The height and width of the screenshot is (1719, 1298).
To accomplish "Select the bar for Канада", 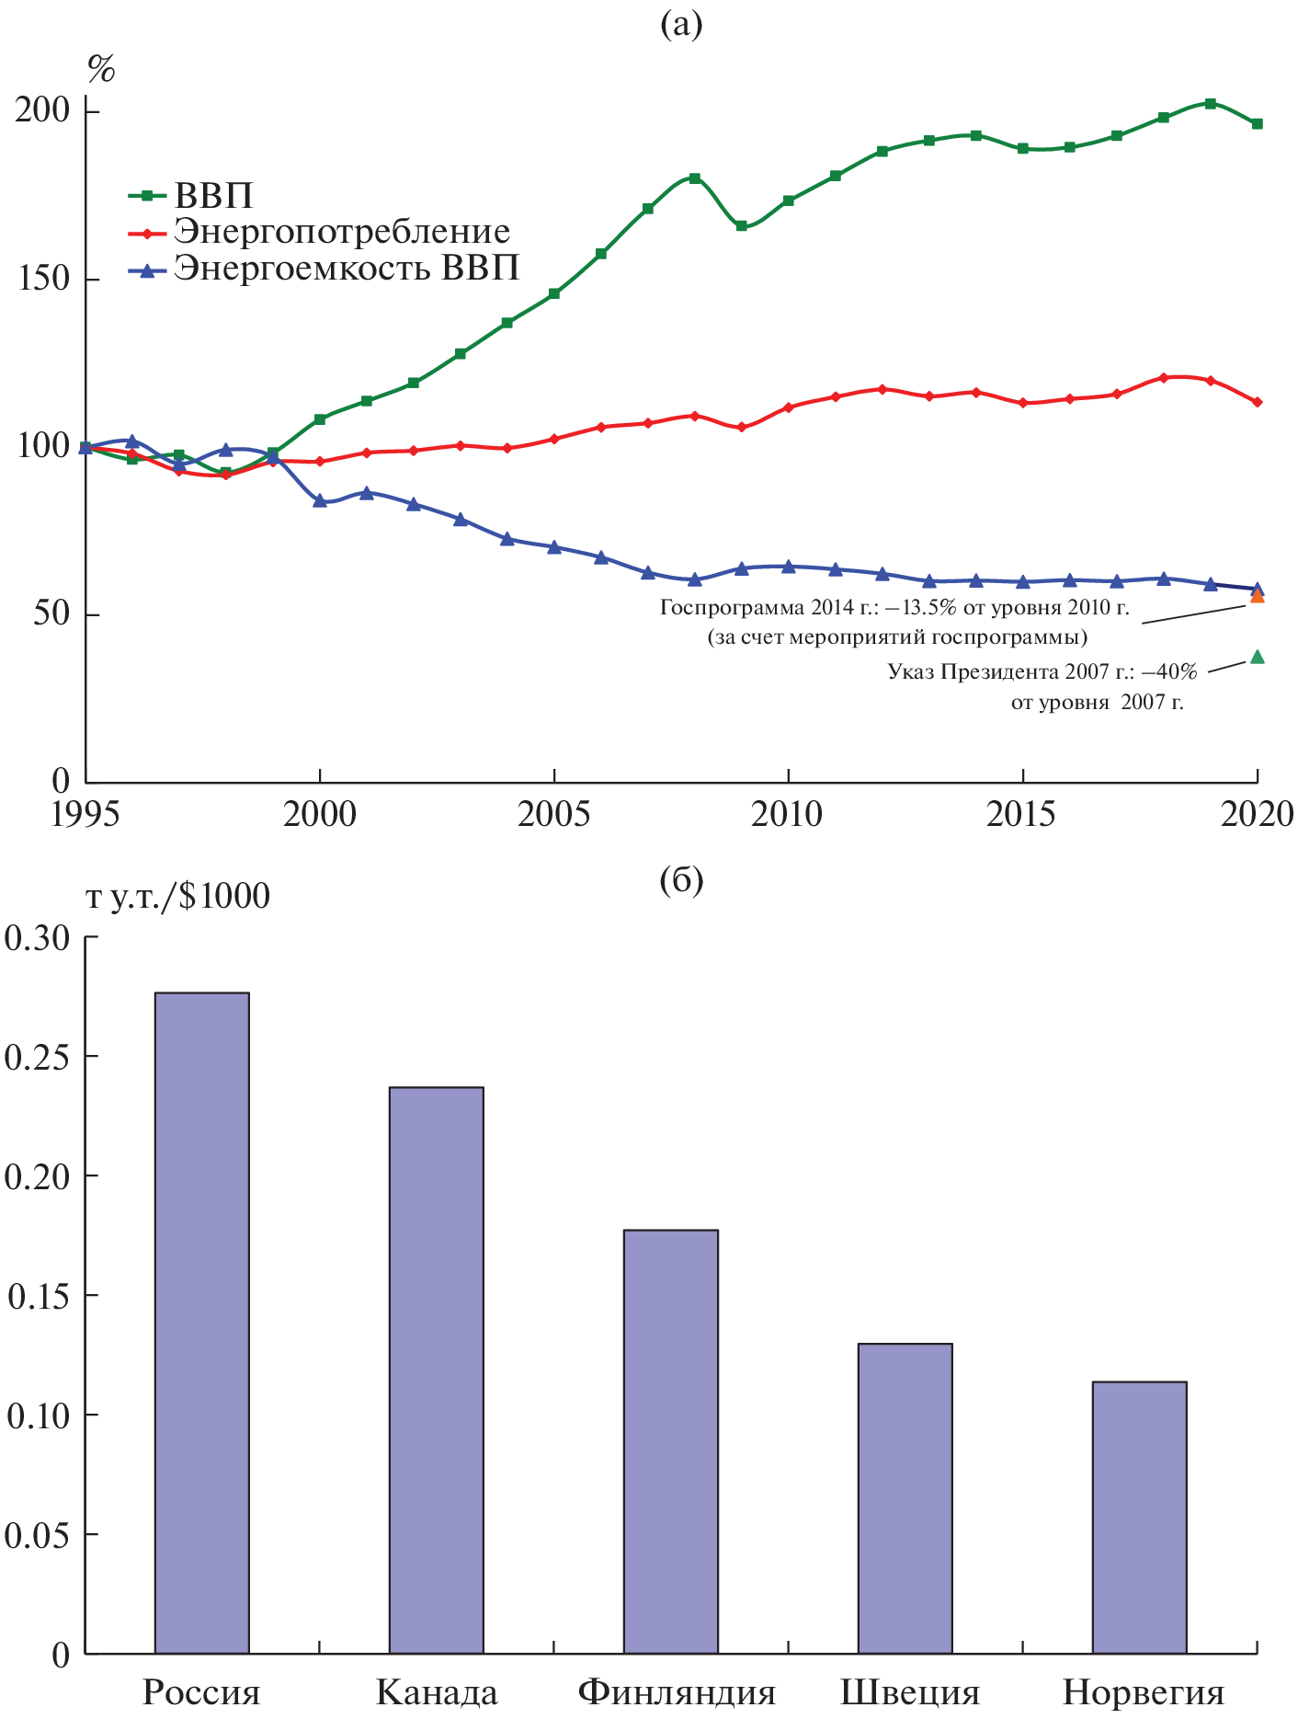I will coord(436,1370).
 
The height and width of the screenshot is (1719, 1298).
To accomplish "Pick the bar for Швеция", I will coord(905,1498).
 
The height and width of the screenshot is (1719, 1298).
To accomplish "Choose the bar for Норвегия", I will coord(1139,1518).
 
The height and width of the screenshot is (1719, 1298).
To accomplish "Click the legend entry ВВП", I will coord(212,196).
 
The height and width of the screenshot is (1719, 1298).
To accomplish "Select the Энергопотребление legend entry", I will coord(341,232).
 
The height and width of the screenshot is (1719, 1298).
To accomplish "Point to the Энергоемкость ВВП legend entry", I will coord(346,269).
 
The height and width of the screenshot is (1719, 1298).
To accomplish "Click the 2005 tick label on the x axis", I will coord(553,815).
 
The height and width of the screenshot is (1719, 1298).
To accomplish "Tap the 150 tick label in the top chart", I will coord(43,280).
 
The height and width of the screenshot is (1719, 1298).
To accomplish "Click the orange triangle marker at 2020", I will coord(1258,597).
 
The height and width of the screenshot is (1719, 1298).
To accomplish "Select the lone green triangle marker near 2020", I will coord(1258,657).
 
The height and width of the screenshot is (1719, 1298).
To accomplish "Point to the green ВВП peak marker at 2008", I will coord(695,178).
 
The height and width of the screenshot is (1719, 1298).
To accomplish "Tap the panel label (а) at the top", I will coord(681,25).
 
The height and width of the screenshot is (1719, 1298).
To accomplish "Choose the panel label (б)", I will coord(681,881).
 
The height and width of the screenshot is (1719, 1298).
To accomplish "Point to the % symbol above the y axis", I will coord(100,69).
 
